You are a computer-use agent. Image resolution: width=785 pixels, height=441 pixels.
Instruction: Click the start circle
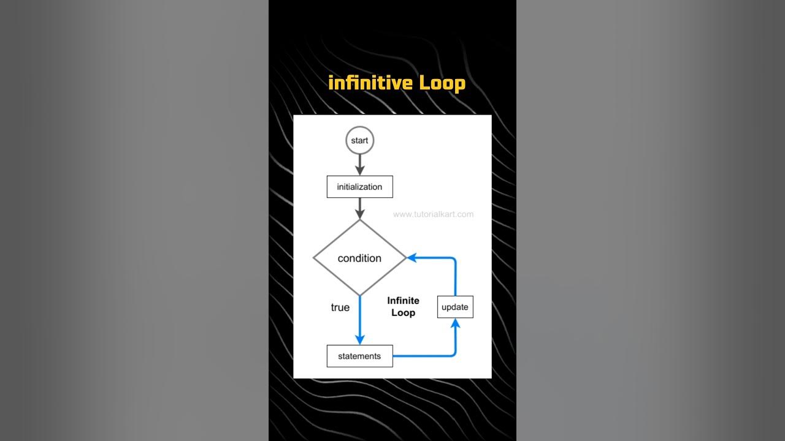[x=359, y=141]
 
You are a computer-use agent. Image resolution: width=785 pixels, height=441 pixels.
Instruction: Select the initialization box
[x=359, y=187]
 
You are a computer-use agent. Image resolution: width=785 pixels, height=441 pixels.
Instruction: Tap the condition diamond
[x=359, y=258]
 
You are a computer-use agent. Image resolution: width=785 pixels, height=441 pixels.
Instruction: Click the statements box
[x=359, y=356]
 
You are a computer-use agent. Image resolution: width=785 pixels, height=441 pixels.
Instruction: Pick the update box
[x=455, y=307]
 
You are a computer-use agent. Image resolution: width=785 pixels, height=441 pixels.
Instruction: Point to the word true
[x=340, y=307]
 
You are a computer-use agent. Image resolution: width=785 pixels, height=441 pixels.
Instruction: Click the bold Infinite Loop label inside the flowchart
[x=403, y=306]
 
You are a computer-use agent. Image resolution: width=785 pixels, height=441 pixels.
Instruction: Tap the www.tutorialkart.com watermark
[x=433, y=214]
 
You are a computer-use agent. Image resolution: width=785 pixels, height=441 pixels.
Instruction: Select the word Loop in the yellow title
[x=442, y=83]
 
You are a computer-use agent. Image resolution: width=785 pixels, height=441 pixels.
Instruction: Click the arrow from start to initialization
[x=360, y=163]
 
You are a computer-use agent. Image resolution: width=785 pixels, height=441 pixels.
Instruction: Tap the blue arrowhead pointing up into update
[x=455, y=324]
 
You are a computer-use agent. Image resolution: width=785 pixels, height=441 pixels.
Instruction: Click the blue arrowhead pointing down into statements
[x=360, y=339]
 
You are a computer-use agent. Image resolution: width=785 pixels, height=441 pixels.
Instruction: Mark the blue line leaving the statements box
[x=423, y=356]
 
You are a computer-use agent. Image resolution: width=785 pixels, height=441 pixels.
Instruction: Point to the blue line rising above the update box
[x=455, y=279]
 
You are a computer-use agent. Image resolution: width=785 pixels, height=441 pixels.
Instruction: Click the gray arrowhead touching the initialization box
[x=360, y=171]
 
